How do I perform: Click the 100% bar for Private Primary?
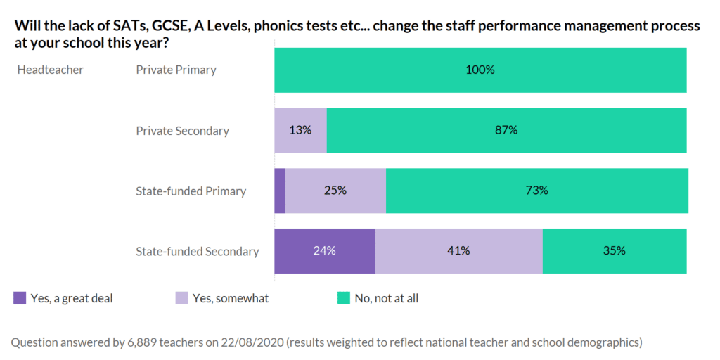(480, 70)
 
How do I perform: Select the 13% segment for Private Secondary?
(300, 131)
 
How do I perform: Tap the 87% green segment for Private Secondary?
(506, 131)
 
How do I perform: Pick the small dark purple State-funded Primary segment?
(280, 191)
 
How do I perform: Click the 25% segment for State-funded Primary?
(335, 191)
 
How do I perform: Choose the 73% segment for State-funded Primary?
(537, 191)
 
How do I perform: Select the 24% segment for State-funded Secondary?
(324, 251)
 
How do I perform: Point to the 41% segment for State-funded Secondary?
(458, 251)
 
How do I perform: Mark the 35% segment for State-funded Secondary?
(615, 251)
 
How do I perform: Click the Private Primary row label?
(176, 70)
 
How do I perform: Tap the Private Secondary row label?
(182, 131)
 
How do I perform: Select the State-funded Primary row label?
(191, 191)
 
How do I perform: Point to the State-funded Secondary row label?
(198, 252)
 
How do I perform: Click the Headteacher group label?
(50, 70)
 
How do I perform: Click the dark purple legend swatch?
(20, 298)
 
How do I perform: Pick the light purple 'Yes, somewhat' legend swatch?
(181, 298)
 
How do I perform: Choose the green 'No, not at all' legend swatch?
(343, 298)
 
